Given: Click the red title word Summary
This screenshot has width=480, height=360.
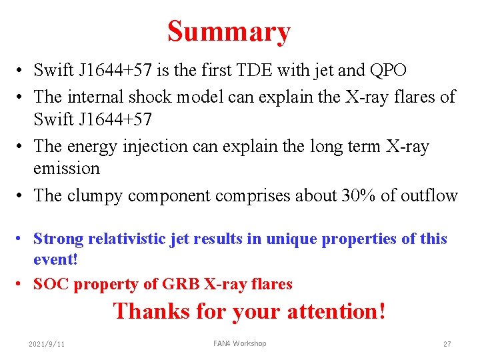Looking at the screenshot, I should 229,31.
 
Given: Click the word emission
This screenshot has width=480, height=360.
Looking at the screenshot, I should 67,168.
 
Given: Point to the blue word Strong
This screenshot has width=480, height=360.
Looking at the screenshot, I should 57,239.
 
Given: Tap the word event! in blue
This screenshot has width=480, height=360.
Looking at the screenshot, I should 56,259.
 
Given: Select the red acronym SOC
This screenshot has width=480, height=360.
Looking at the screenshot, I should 52,284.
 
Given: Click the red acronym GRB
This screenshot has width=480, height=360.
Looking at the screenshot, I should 179,284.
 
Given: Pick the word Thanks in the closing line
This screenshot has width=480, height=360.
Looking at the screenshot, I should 150,311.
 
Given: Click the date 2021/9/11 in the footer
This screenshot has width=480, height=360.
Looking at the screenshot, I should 47,344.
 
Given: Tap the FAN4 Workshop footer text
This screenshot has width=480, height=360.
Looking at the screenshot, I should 239,343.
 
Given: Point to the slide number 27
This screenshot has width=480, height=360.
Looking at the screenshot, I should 447,344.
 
